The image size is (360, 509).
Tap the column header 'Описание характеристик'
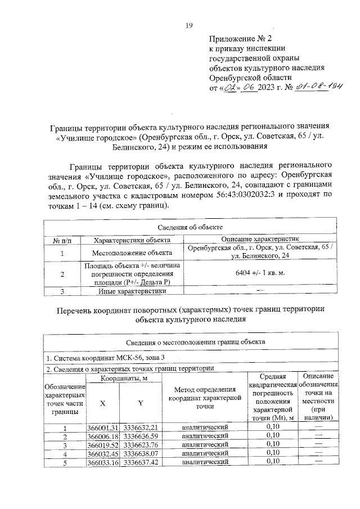[x=262, y=240]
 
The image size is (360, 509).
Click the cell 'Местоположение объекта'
[x=132, y=253]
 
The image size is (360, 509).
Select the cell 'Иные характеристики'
[x=132, y=291]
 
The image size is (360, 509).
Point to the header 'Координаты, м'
[x=124, y=379]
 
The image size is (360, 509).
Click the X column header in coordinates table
[x=102, y=403]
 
